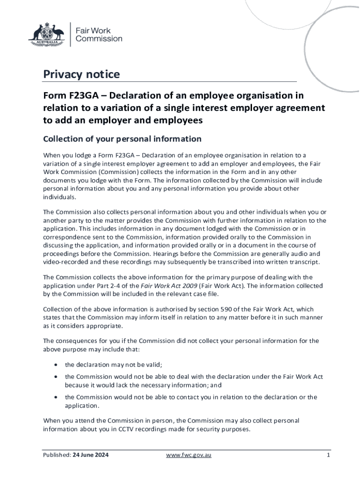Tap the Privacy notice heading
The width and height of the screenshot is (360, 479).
81,74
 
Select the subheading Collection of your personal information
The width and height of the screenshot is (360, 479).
122,139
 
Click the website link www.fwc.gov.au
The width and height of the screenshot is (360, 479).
192,456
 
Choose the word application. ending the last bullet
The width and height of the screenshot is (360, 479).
82,406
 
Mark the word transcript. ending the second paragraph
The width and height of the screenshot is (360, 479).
305,261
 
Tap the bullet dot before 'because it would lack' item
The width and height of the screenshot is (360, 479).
56,377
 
